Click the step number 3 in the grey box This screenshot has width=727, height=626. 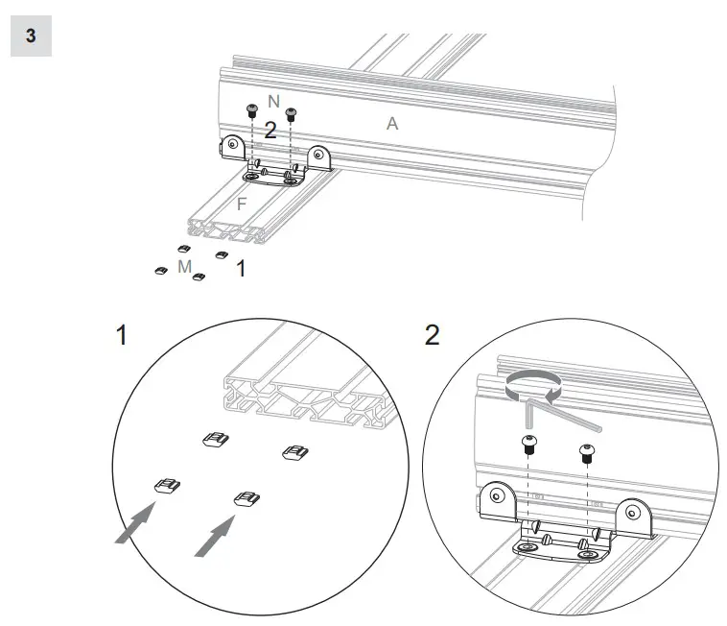(x=31, y=36)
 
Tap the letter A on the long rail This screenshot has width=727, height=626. (x=391, y=123)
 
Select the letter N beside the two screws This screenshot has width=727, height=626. (x=273, y=102)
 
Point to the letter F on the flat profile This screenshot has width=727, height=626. (x=242, y=204)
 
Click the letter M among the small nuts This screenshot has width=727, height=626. (x=185, y=266)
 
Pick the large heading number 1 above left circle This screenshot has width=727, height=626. (x=122, y=336)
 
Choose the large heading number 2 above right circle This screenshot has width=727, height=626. (x=432, y=336)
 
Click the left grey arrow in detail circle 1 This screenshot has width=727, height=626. (x=134, y=522)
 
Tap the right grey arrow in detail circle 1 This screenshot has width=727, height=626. (x=214, y=534)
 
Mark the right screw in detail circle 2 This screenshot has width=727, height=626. (x=586, y=450)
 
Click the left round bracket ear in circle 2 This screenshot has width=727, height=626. (x=496, y=496)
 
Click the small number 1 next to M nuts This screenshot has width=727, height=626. (x=240, y=270)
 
